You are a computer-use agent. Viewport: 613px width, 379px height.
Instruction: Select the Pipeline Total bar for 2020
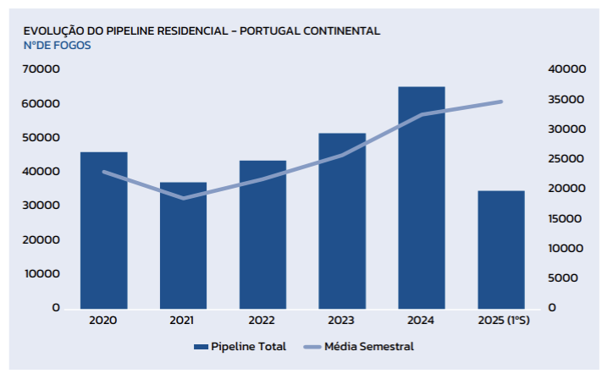[x=103, y=230]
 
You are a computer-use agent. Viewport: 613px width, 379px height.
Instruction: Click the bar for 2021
[x=183, y=245]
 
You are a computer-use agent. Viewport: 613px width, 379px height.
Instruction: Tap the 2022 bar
[x=262, y=234]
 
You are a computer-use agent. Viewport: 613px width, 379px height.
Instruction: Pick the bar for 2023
[x=342, y=221]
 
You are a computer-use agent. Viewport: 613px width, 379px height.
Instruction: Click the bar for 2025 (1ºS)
[x=501, y=250]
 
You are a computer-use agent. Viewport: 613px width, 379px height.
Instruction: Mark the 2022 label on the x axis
[x=262, y=321]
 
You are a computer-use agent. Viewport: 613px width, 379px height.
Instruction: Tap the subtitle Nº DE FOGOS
[x=57, y=45]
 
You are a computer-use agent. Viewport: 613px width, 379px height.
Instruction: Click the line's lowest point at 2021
[x=183, y=198]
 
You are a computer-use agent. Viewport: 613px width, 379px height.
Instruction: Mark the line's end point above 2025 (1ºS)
[x=501, y=102]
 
